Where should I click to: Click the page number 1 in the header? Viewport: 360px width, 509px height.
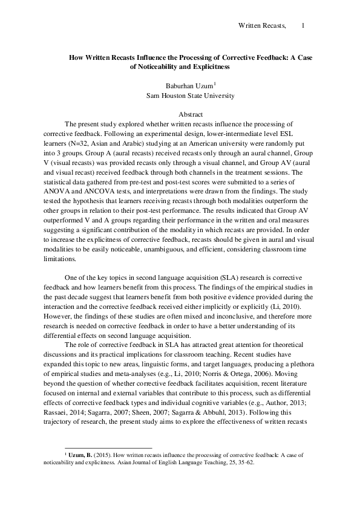[x=303, y=26]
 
